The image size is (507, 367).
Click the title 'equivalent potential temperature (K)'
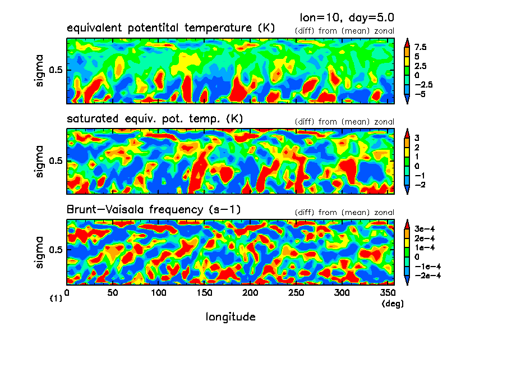click(x=170, y=28)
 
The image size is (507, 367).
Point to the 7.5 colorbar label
click(x=421, y=48)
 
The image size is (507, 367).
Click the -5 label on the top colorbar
click(x=421, y=94)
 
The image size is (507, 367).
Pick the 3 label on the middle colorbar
click(x=417, y=137)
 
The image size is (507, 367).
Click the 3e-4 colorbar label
click(x=425, y=229)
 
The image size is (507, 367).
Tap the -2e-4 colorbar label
click(x=427, y=276)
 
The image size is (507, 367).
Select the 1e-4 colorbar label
click(x=425, y=247)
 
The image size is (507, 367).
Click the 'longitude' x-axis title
click(x=231, y=317)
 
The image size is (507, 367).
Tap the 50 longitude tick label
click(x=113, y=293)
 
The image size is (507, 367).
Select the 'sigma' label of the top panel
click(x=39, y=71)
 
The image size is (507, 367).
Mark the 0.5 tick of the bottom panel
click(x=57, y=249)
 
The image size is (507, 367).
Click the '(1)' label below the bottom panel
click(x=56, y=299)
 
